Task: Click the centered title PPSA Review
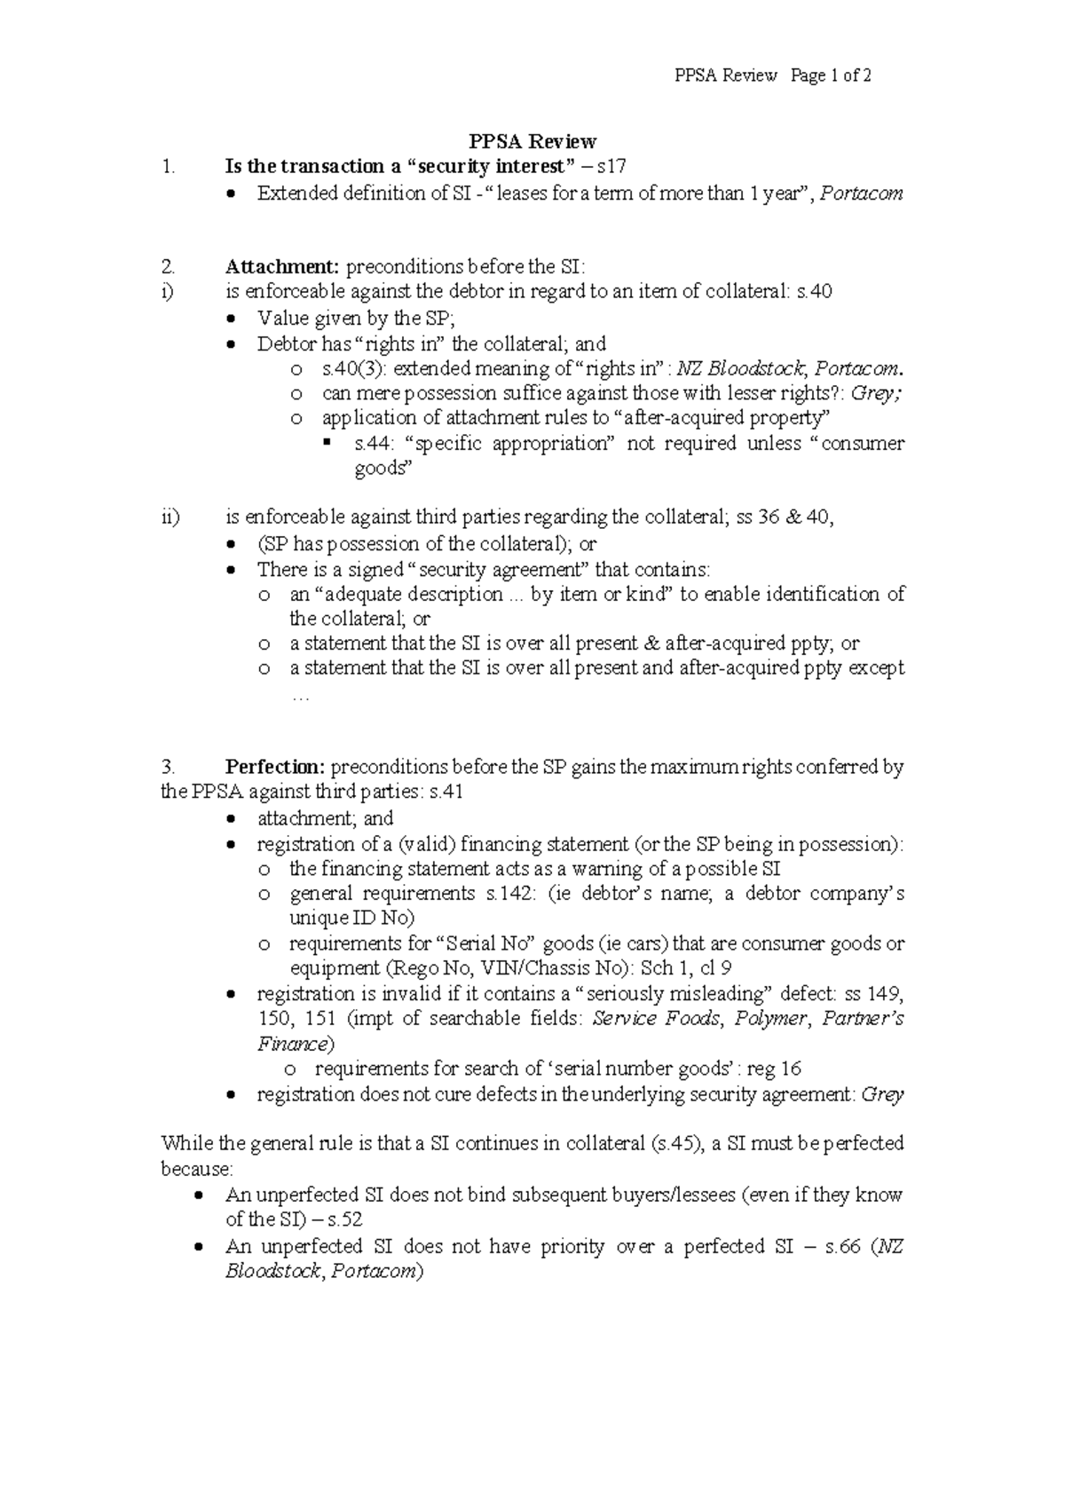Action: [x=532, y=141]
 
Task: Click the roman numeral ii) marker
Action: [x=170, y=517]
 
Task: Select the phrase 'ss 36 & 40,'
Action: [x=784, y=517]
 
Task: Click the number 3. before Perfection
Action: [x=169, y=767]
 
